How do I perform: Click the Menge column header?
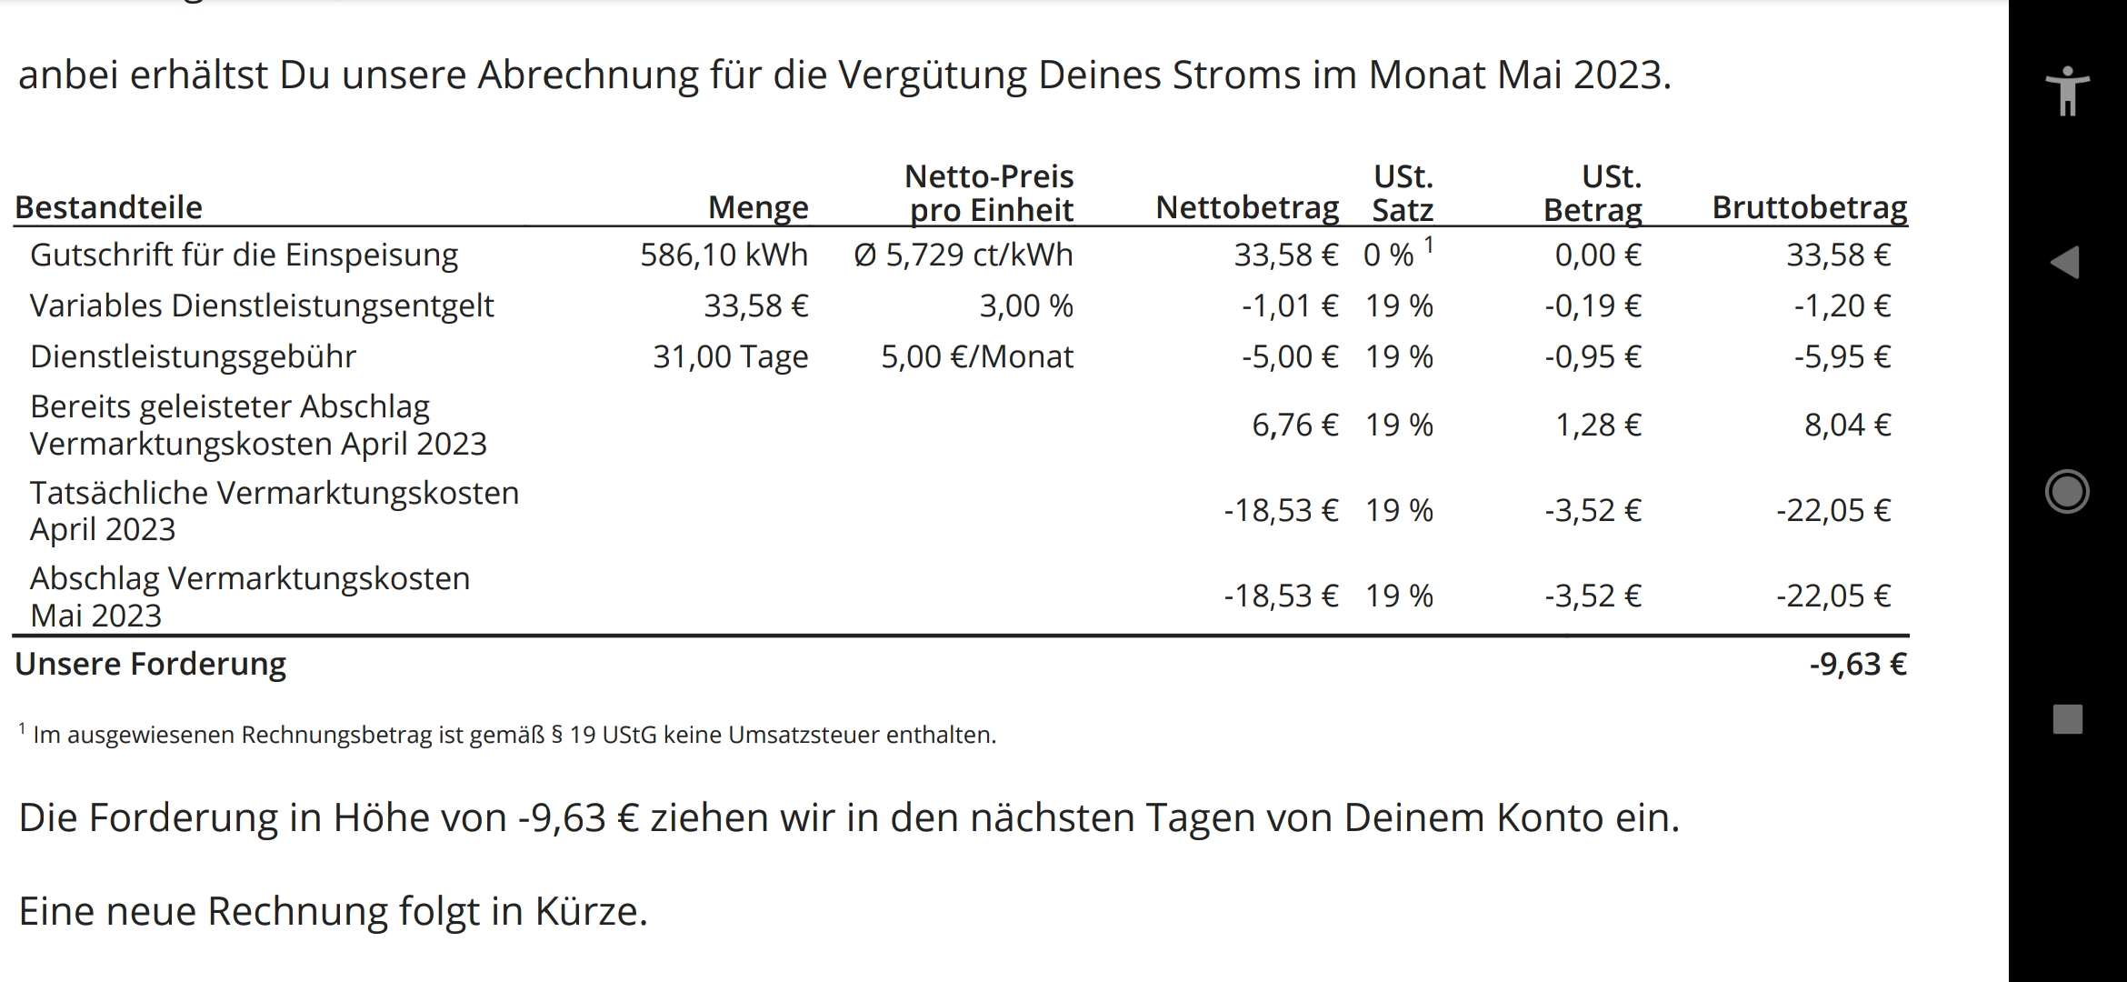758,208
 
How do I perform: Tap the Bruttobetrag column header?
1809,208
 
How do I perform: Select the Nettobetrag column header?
1247,208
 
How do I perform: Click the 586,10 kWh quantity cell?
724,256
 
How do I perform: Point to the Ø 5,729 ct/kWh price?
964,256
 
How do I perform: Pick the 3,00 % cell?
1025,306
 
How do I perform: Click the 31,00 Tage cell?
730,357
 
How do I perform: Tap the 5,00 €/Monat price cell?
976,357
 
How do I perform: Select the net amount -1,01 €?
1289,306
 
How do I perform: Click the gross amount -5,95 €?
1842,357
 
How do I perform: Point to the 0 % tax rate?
1388,256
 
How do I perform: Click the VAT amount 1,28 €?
1597,426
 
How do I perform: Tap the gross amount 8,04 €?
1847,426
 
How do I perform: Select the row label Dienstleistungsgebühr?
193,357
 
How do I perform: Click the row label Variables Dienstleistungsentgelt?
262,306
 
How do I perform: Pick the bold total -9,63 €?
1857,665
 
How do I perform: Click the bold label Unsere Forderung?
151,665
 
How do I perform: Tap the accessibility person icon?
2068,91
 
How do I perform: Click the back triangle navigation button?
2065,263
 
